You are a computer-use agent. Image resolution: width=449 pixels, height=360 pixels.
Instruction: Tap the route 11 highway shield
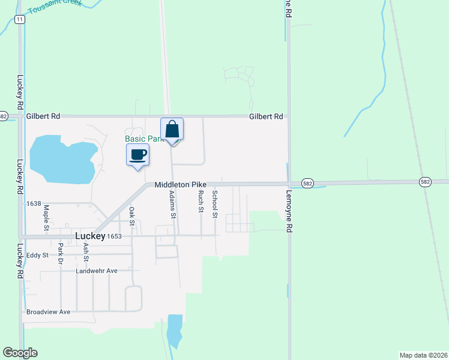click(x=20, y=20)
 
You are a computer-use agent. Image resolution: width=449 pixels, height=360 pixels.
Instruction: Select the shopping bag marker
click(x=172, y=130)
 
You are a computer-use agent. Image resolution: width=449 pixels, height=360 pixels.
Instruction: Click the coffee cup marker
click(x=137, y=155)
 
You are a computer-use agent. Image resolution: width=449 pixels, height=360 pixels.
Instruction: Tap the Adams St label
click(x=172, y=205)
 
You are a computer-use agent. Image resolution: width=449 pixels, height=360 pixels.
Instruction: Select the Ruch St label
click(x=201, y=201)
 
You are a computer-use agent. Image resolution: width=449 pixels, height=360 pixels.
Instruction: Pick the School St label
click(x=215, y=203)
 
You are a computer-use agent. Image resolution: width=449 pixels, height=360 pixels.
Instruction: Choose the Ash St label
click(x=86, y=253)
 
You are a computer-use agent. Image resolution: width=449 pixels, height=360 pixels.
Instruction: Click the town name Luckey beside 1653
click(x=90, y=236)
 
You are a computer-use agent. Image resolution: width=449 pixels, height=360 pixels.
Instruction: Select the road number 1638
click(x=34, y=204)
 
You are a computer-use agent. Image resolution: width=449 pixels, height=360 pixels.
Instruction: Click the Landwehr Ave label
click(x=97, y=271)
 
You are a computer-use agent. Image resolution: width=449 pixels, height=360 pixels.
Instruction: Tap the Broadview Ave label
click(x=48, y=312)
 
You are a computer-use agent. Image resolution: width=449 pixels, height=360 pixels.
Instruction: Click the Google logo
click(x=20, y=353)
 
